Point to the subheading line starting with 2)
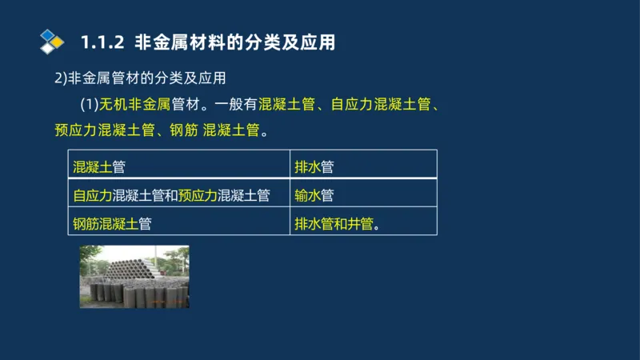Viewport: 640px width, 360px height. (x=141, y=78)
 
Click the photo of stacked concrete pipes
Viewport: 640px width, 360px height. (x=134, y=277)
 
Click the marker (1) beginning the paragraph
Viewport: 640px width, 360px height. (x=89, y=104)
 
